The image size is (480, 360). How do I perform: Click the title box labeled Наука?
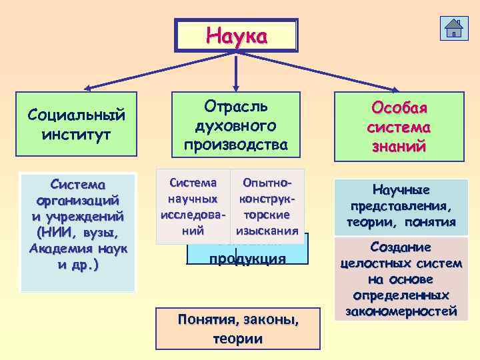point(236,35)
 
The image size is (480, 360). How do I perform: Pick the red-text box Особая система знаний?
point(400,127)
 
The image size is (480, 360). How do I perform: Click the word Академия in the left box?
point(59,249)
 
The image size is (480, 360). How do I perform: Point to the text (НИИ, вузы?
point(77,232)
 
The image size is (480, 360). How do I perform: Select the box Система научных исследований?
point(193,206)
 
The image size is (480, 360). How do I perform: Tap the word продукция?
point(247,259)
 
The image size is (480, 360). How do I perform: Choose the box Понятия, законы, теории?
point(237,329)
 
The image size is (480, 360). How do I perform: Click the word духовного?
point(235,125)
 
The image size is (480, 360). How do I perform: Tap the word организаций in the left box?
point(78,199)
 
